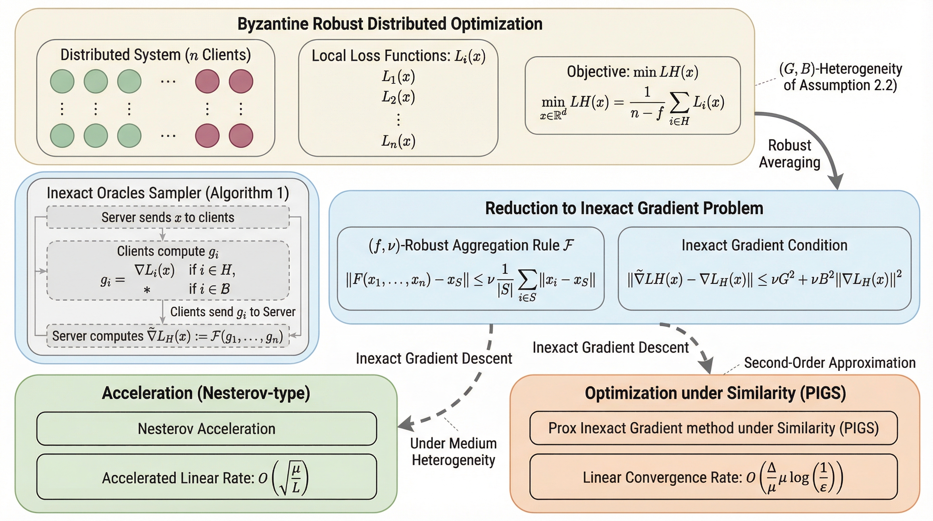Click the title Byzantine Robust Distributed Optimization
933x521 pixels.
390,24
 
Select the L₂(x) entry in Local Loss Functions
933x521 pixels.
398,97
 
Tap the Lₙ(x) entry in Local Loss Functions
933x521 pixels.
398,141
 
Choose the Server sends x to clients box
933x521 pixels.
168,217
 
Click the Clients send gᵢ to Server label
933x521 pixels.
233,312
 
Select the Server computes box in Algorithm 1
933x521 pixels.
168,336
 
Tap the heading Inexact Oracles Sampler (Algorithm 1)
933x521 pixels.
168,193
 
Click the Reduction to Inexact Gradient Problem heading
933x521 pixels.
624,208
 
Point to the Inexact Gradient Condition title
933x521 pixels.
764,245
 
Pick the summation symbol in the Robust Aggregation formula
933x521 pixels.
527,280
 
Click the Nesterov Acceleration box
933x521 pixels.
206,429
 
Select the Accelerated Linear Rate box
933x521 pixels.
206,477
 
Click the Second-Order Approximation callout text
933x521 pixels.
829,363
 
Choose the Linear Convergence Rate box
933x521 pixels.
713,477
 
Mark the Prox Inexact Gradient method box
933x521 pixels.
713,428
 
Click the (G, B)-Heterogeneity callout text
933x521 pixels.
840,77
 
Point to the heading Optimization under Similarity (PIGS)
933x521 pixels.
715,393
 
